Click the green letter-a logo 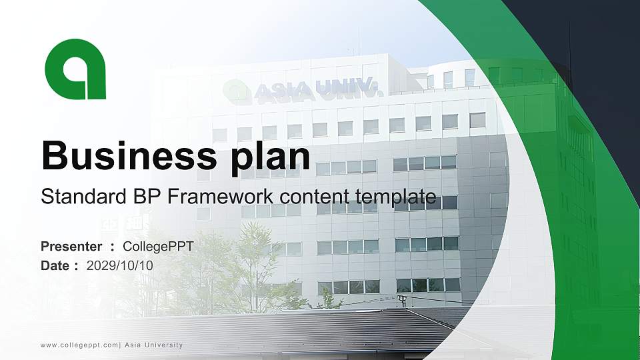coord(75,69)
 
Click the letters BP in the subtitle coord(135,197)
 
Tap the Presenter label coord(71,247)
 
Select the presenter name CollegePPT coord(159,247)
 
